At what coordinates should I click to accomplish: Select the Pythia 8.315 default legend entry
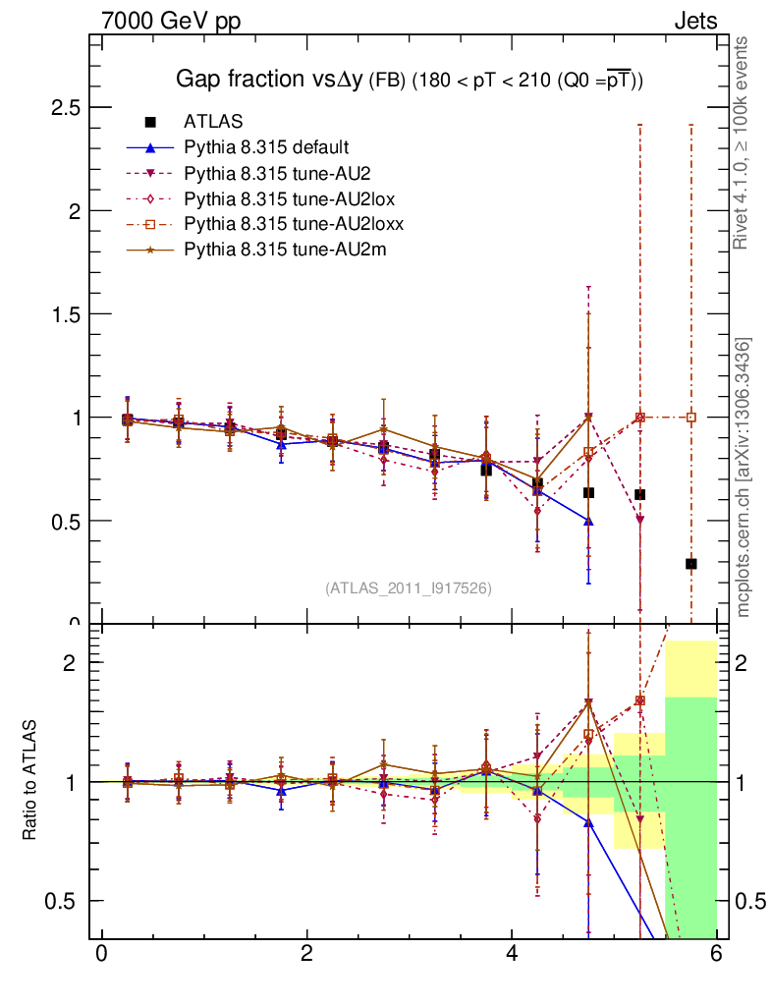coord(266,147)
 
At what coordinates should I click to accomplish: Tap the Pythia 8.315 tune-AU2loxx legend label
coord(294,224)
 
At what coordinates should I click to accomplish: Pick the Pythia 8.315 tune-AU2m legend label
coord(285,250)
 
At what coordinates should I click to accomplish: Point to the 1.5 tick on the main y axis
coord(65,313)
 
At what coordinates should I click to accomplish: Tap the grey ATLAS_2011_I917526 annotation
coord(409,587)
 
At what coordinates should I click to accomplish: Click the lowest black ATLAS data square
coord(691,564)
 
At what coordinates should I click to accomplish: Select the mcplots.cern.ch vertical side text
coord(744,477)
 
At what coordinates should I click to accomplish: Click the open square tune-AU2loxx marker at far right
coord(691,417)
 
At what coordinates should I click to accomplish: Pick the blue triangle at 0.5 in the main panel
coord(588,520)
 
